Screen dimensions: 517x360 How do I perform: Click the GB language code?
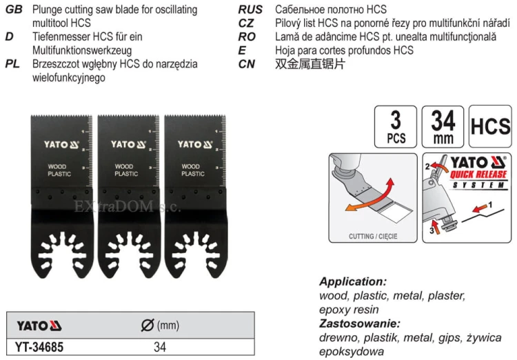14,10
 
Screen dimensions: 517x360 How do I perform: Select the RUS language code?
250,10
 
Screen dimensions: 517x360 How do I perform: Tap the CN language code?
247,64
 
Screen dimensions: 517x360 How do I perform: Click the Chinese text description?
310,64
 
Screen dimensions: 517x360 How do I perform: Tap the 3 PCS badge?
396,127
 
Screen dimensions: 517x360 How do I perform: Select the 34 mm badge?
443,127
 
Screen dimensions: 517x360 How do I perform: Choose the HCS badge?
490,126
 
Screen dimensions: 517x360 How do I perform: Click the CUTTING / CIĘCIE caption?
373,237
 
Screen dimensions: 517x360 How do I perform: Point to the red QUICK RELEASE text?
478,174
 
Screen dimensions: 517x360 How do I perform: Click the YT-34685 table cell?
39,347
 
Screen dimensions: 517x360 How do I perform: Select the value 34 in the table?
160,347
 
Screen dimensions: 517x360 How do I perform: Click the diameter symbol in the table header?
147,326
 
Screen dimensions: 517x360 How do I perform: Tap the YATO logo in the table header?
39,326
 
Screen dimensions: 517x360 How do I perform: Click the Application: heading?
353,282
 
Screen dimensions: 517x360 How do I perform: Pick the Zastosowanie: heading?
360,323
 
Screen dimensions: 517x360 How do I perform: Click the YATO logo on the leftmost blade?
61,145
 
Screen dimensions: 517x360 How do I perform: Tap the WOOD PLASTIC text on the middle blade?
126,170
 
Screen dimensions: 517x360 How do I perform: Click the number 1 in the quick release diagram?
490,205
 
